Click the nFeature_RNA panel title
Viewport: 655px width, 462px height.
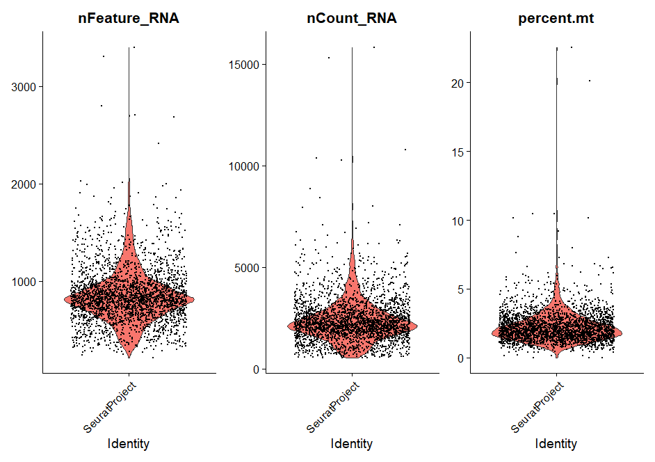pyautogui.click(x=129, y=19)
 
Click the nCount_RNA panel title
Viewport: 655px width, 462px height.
pyautogui.click(x=352, y=19)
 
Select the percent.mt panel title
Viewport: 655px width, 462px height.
pyautogui.click(x=556, y=19)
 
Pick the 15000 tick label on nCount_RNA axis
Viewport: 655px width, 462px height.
pyautogui.click(x=244, y=65)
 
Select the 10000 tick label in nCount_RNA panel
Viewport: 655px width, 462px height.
pyautogui.click(x=244, y=166)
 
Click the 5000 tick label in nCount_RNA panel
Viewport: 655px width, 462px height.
pyautogui.click(x=247, y=268)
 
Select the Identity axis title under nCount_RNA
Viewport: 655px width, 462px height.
pyautogui.click(x=351, y=443)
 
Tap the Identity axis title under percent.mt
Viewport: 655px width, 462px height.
pyautogui.click(x=556, y=443)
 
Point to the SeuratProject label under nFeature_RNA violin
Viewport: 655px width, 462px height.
pyautogui.click(x=110, y=406)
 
